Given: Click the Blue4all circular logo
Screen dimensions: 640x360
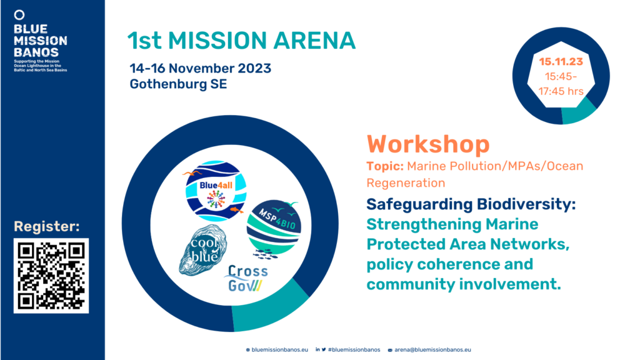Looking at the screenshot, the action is (x=216, y=191).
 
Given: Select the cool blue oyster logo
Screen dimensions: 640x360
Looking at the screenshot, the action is (x=203, y=250).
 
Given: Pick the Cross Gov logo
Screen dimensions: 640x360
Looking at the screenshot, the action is (x=246, y=278).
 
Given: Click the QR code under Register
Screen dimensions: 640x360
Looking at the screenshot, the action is (x=51, y=276).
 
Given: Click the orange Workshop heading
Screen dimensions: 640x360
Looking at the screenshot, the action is (x=428, y=144).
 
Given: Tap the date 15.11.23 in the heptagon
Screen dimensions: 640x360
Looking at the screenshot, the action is (x=561, y=62).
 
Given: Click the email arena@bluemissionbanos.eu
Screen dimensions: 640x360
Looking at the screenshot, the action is (x=432, y=350).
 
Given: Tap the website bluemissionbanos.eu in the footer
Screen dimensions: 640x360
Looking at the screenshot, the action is (x=279, y=350).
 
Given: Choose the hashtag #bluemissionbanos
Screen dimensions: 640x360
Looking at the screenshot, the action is (x=354, y=350).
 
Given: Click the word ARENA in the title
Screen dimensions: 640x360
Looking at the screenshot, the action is (x=314, y=41).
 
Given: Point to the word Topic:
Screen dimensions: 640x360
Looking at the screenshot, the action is (x=385, y=166).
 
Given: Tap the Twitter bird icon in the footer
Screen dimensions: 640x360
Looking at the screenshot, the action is (x=324, y=350).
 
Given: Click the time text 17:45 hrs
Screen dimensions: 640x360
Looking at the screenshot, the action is (x=561, y=91).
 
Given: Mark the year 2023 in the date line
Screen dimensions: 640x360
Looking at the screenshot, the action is (x=254, y=68).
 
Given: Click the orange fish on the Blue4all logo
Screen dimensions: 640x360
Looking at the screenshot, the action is (x=236, y=210).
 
